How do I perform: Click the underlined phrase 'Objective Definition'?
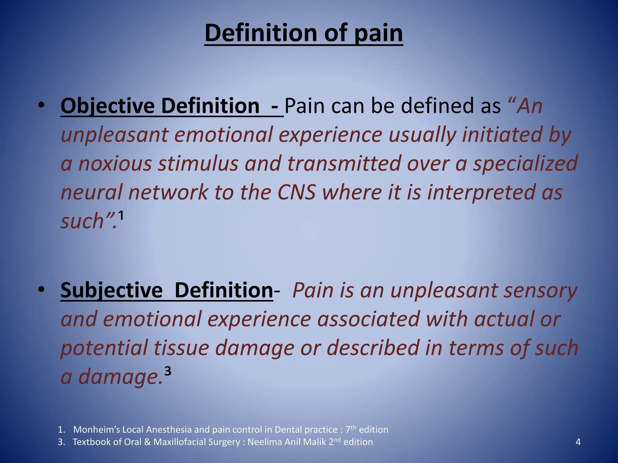160,106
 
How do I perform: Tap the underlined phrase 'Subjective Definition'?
167,290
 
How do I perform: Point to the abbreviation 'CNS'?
296,192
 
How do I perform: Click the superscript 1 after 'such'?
121,216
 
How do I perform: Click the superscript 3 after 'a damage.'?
168,371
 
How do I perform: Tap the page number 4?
578,442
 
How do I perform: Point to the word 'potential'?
104,348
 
